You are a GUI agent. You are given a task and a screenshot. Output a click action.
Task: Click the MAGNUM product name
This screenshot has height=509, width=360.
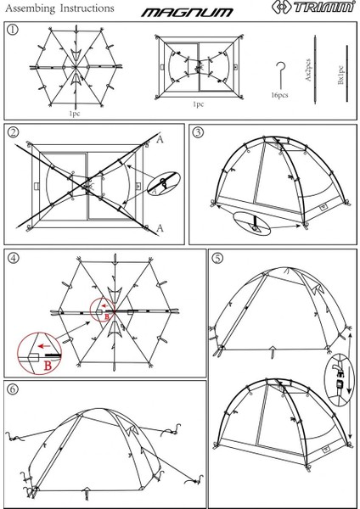(x=187, y=13)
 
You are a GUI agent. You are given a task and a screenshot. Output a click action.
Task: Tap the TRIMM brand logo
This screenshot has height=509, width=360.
(x=313, y=7)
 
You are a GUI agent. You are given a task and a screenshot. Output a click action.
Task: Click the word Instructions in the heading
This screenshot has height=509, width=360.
(x=87, y=8)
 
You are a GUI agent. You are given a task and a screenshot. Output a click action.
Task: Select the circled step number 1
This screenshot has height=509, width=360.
(x=13, y=30)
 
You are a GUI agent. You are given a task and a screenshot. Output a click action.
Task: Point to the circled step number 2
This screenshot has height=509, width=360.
(x=13, y=133)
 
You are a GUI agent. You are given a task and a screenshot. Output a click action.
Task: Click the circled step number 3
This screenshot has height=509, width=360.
(x=198, y=132)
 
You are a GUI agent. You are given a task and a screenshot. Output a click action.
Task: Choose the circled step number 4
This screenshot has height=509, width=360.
(x=14, y=258)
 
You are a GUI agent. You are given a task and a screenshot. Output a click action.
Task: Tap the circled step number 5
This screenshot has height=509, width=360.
(x=217, y=258)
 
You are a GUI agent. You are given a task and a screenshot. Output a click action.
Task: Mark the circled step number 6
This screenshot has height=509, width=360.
(x=13, y=389)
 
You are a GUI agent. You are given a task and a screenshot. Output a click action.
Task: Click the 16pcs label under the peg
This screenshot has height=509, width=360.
(x=279, y=95)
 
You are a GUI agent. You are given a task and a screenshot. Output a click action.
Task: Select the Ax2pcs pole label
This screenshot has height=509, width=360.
(x=308, y=70)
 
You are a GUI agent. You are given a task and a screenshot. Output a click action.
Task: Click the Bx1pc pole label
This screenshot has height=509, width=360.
(x=340, y=76)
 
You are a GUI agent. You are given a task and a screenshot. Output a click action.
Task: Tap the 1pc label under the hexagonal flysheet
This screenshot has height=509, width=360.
(x=74, y=114)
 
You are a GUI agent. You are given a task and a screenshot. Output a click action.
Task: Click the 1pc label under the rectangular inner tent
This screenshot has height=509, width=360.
(x=198, y=104)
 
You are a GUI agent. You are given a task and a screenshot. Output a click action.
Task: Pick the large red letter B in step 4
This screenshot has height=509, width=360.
(x=48, y=366)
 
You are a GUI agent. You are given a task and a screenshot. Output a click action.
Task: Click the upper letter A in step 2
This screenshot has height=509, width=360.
(x=160, y=140)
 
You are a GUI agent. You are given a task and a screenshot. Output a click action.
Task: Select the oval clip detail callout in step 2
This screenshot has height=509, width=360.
(x=163, y=184)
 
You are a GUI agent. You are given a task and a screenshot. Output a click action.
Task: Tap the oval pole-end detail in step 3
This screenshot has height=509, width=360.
(x=252, y=224)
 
